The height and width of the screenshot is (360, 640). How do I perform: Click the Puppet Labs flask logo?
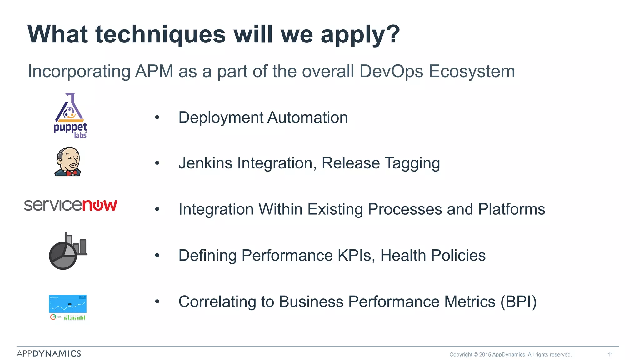70,115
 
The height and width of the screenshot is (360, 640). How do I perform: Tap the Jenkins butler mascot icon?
68,162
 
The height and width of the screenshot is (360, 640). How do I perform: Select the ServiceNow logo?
71,205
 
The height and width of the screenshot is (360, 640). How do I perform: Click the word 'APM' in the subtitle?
154,71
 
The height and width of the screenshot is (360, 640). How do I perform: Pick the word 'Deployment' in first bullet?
221,118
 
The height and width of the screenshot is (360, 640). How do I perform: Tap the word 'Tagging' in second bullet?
412,163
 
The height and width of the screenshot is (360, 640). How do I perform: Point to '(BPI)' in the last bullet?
518,302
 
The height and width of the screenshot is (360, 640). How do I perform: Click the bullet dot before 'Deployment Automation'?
157,117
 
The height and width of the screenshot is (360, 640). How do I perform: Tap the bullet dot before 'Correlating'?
157,302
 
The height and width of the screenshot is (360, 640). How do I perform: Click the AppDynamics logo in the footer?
49,353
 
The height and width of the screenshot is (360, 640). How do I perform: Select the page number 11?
610,355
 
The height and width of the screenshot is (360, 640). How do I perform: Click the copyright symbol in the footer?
476,355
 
